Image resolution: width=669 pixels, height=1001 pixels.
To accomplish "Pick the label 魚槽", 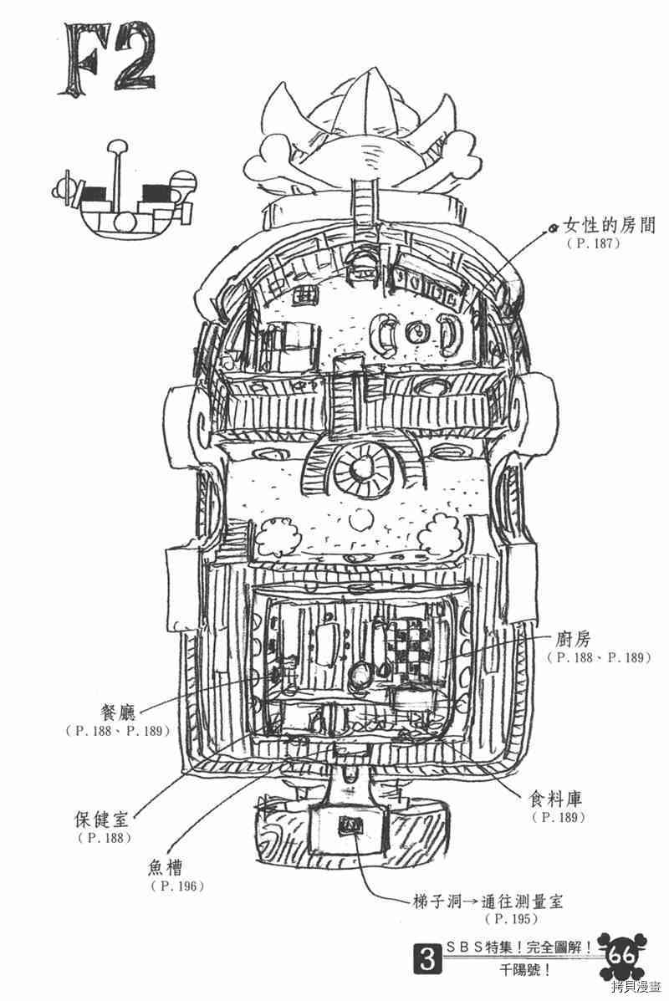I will click(x=170, y=867).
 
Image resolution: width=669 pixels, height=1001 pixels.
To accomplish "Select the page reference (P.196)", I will click(x=176, y=886).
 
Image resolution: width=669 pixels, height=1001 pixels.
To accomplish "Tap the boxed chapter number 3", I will click(x=429, y=960).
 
